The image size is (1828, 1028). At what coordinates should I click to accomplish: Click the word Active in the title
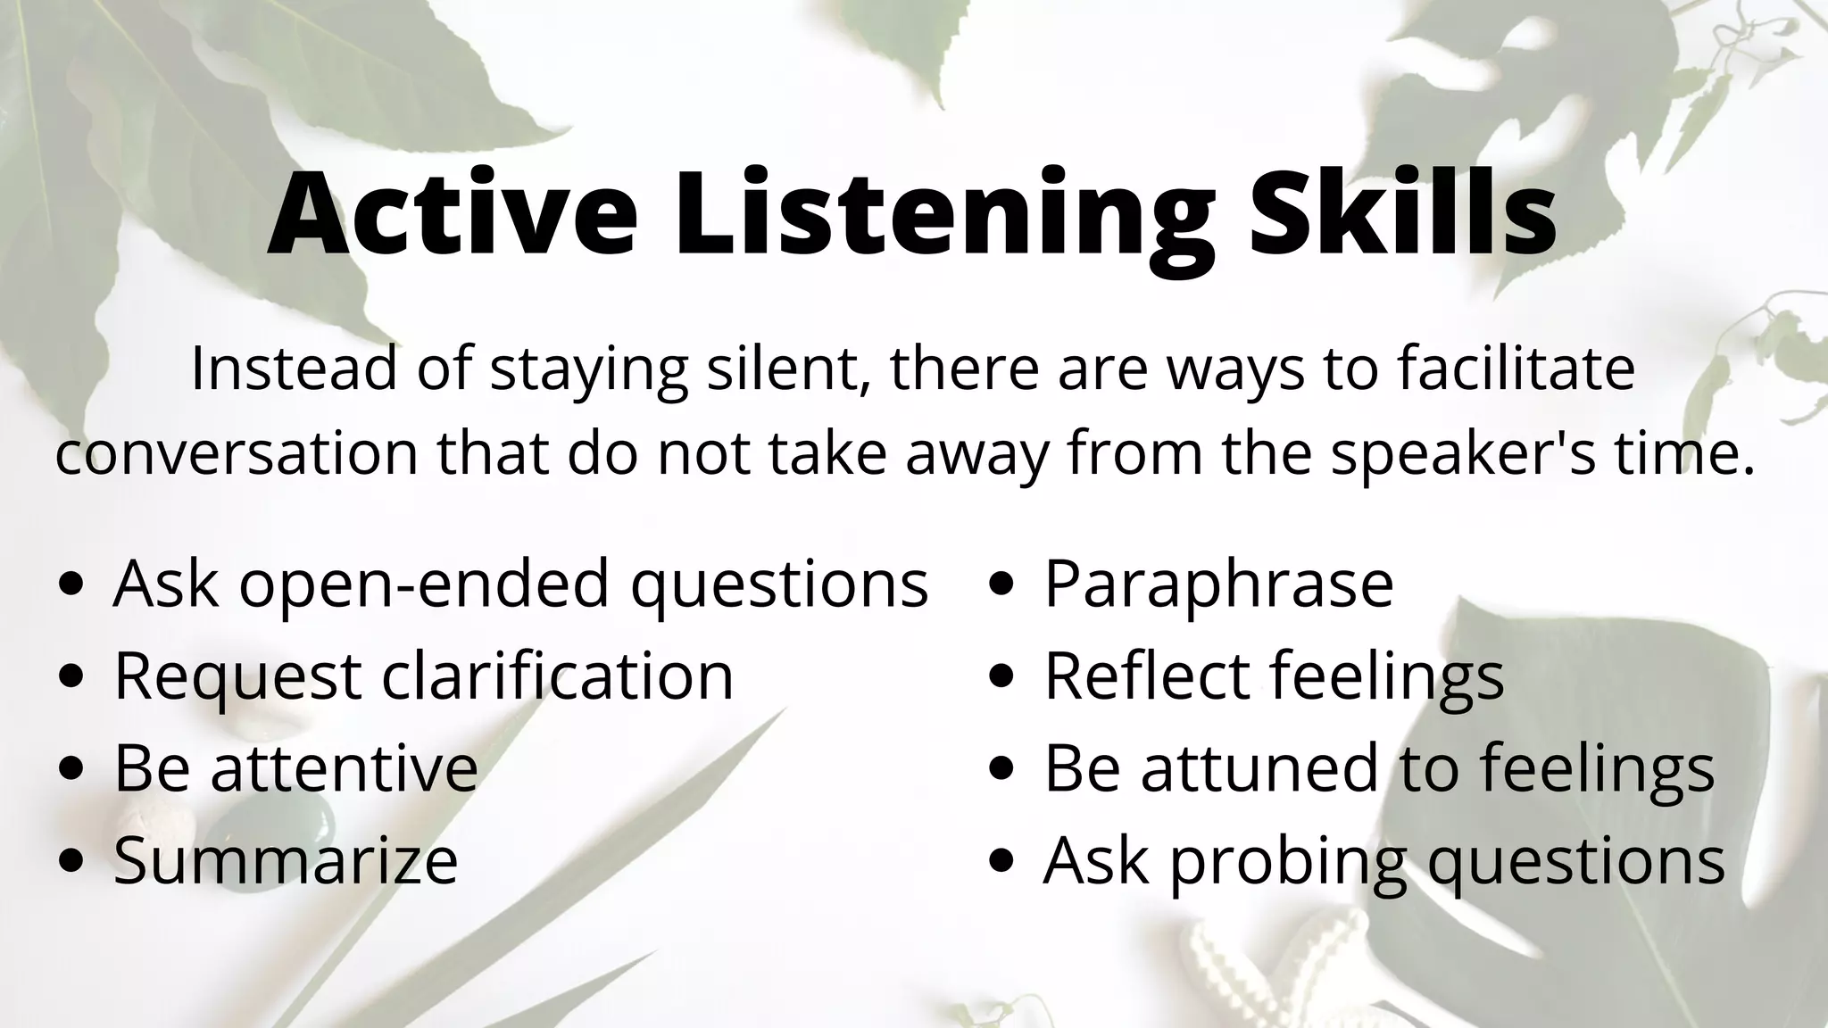click(453, 214)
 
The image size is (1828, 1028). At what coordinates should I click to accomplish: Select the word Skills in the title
click(1402, 214)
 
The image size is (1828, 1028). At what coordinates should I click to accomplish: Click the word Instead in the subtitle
click(293, 368)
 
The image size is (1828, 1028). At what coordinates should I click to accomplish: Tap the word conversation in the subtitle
click(237, 452)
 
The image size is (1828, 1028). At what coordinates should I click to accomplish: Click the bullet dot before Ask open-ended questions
click(71, 584)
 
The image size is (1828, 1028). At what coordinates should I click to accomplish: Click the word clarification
click(558, 676)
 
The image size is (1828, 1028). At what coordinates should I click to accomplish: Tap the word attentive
click(345, 767)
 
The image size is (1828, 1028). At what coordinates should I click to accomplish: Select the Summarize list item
click(286, 860)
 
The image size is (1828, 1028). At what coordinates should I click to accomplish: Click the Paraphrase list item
click(1218, 584)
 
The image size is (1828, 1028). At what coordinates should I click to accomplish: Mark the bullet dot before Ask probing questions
click(1002, 862)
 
